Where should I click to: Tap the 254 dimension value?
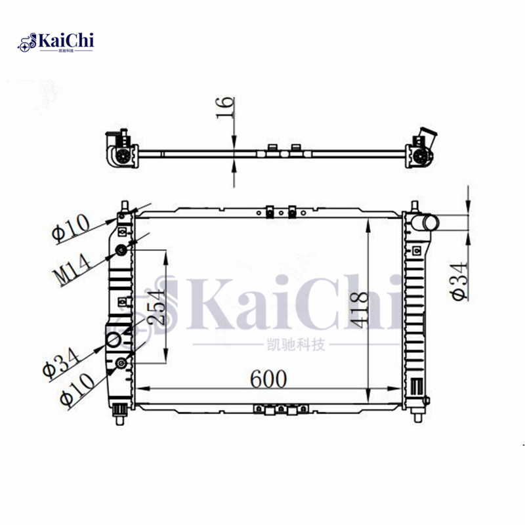pyautogui.click(x=155, y=307)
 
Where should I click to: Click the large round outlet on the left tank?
pyautogui.click(x=113, y=340)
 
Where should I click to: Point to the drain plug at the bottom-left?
pyautogui.click(x=120, y=411)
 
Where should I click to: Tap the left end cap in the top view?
pyautogui.click(x=120, y=152)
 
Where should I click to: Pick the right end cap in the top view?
pyautogui.click(x=419, y=151)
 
